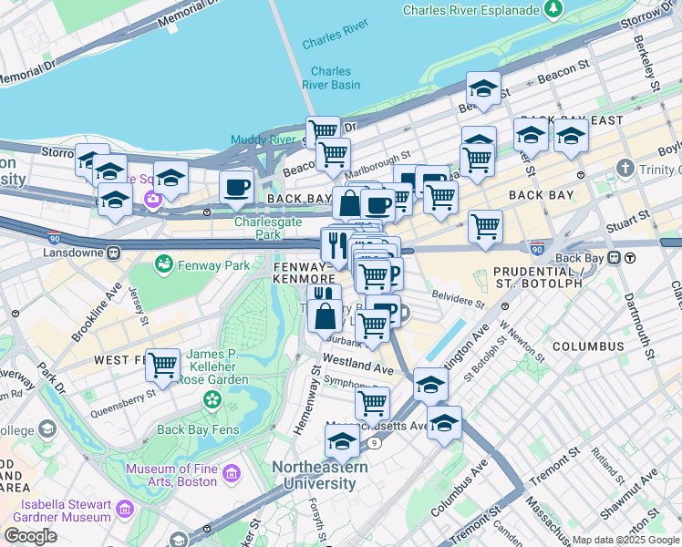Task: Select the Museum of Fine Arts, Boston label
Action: [170, 474]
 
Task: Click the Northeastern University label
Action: [320, 475]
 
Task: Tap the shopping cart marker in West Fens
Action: [162, 365]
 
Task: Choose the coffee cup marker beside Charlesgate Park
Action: [237, 187]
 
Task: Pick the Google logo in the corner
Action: [30, 535]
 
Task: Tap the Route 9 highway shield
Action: [375, 443]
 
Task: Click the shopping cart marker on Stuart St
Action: [485, 225]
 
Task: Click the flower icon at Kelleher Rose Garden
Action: [212, 399]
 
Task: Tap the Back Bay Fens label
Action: [197, 429]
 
